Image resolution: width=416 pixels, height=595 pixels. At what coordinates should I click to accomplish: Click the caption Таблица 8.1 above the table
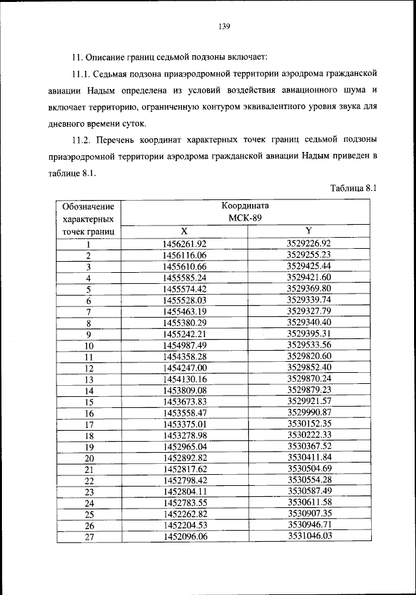353,188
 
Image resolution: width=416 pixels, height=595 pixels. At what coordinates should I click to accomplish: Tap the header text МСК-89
247,218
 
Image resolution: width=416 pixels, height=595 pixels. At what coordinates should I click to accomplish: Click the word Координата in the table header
247,207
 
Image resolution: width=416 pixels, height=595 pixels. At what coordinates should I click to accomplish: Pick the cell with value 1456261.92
185,244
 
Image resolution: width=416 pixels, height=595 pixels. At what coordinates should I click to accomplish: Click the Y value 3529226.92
309,243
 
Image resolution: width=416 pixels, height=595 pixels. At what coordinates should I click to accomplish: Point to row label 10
89,346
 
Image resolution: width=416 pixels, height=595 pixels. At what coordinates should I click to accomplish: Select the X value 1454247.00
185,368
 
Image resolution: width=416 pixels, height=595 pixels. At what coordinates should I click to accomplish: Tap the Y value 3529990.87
309,412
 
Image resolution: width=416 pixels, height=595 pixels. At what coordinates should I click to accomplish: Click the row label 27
89,537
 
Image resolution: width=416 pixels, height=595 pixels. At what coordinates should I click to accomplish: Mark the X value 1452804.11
185,491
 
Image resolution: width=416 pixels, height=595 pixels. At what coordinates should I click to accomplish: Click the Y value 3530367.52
309,446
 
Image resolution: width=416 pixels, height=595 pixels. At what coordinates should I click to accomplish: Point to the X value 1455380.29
185,323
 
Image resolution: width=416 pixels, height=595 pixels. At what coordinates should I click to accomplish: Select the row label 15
89,402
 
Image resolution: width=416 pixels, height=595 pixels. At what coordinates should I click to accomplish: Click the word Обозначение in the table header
88,207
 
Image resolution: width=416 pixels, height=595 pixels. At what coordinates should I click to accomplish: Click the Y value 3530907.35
309,513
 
